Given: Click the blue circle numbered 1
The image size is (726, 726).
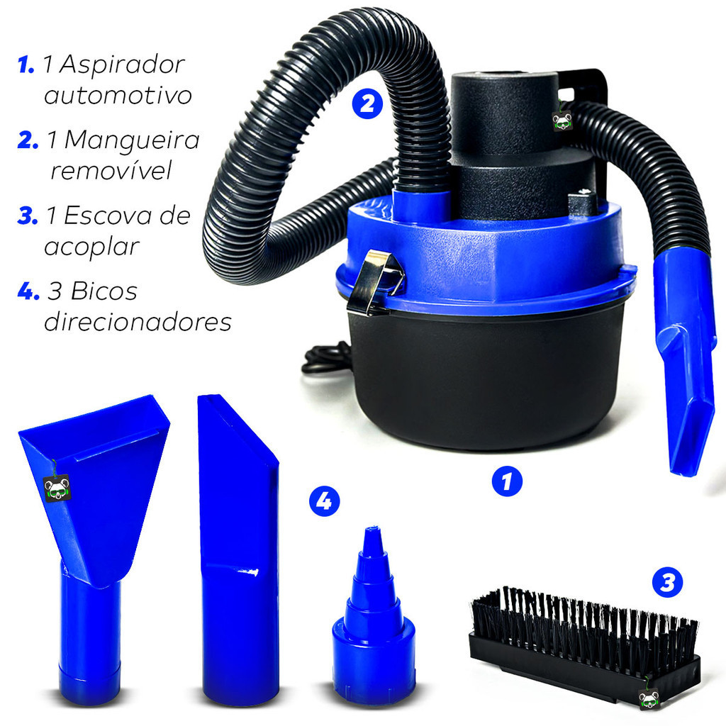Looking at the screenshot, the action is pos(507,481).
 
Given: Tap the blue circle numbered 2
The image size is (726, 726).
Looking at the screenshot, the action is pos(367,104).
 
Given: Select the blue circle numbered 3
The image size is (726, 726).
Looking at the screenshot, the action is pos(667,583).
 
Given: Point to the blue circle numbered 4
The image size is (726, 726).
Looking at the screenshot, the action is pos(324,501).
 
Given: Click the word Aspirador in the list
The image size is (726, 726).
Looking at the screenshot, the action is pos(122,65).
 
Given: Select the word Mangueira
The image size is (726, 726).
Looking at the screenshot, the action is pos(132,140).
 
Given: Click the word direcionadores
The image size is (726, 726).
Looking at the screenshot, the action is pos(138,322).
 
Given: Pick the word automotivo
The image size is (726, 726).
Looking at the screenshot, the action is pos(118,96).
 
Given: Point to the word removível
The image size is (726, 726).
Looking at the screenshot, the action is pos(111,170).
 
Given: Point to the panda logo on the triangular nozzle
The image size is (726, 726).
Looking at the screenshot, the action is pos(57,488).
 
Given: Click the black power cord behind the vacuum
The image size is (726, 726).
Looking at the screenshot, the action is pos(327,359).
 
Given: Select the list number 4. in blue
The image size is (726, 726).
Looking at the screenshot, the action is pos(28,291).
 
